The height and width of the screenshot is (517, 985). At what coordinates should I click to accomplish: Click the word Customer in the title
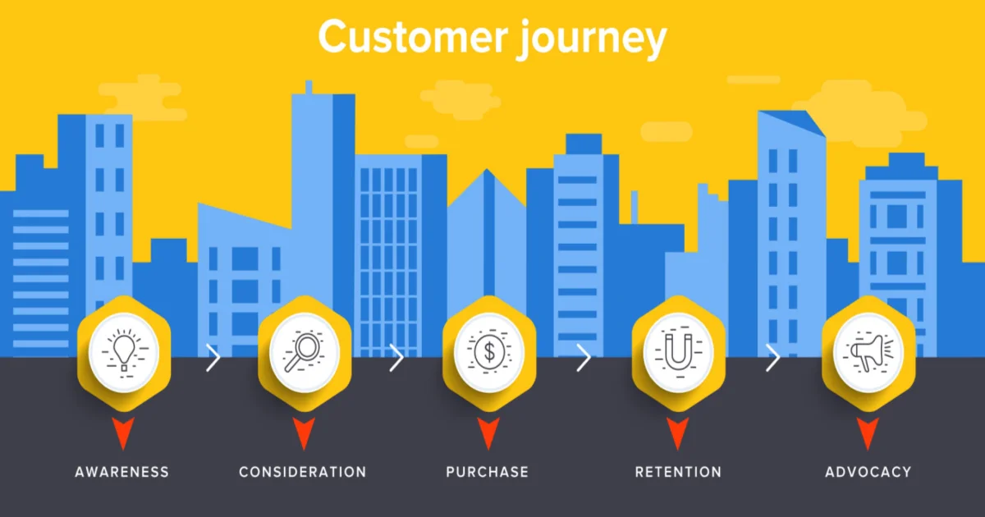[413, 37]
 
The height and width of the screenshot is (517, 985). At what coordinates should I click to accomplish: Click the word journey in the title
[592, 40]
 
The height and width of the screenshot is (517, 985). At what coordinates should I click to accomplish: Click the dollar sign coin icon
[489, 352]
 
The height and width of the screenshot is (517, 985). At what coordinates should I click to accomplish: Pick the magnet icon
[679, 352]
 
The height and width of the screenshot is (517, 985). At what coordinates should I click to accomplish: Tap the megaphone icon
[868, 353]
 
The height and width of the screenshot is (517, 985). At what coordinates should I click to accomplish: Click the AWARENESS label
[121, 472]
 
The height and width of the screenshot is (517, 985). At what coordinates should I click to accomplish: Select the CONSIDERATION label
[303, 472]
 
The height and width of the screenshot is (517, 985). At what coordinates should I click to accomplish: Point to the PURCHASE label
[488, 472]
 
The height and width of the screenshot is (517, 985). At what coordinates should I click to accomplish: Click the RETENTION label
[679, 472]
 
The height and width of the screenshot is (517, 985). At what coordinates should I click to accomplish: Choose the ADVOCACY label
[868, 472]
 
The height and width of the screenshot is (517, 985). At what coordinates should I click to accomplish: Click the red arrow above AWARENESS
[123, 432]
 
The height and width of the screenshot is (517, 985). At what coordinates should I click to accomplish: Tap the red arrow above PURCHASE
[488, 432]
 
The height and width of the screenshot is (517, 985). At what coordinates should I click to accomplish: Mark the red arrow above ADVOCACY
[868, 432]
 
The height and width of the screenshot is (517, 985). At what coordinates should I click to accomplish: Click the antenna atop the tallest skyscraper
[309, 87]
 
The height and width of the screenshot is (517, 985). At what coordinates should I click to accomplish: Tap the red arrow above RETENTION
[678, 432]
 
